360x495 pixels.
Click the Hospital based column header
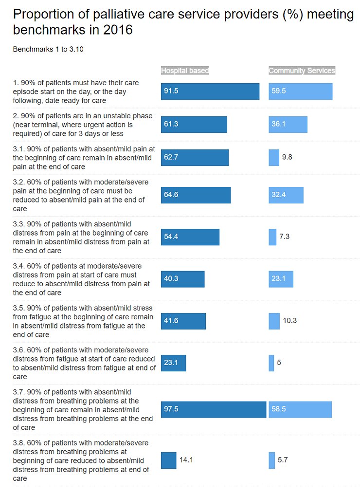185,71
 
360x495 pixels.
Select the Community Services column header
302,71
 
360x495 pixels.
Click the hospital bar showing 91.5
210,92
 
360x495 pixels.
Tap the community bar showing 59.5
300,92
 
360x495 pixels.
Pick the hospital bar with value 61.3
194,125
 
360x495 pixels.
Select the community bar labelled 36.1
288,125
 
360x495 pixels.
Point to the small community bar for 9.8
274,157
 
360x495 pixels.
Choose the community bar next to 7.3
272,237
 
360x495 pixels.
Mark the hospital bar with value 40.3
183,279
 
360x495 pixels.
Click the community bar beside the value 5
271,363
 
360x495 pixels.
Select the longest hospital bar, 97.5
214,409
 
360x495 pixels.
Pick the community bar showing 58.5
300,409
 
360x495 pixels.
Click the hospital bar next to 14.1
169,460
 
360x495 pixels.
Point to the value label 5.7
283,460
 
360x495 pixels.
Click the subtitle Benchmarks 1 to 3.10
48,50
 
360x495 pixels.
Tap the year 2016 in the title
117,30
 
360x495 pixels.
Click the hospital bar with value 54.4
190,237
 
